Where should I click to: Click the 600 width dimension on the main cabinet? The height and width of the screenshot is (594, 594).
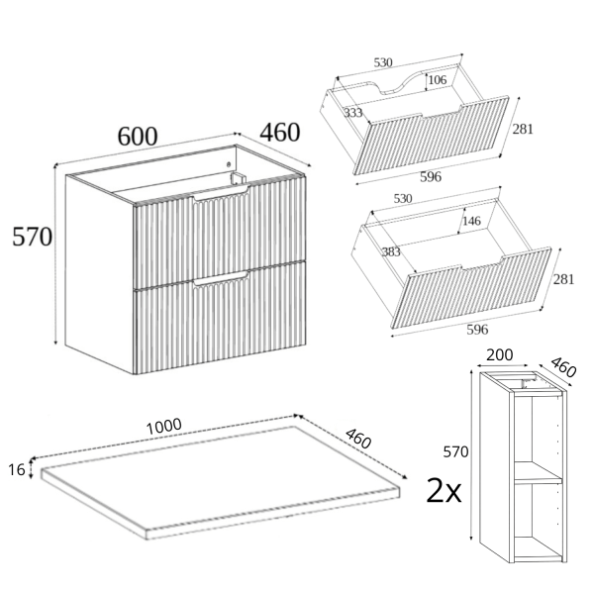pos(138,137)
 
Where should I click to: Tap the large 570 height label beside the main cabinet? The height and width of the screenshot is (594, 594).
pos(33,237)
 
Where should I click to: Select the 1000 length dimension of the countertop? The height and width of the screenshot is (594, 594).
pos(164,427)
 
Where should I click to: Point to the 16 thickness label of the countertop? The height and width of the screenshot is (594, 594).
pos(17,470)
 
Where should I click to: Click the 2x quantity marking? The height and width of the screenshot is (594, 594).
pos(444,490)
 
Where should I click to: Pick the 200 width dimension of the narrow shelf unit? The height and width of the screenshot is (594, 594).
pos(500,355)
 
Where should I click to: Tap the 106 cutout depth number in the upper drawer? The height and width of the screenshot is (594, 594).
pos(438,80)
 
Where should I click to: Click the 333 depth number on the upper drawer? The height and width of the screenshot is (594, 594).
pos(353,113)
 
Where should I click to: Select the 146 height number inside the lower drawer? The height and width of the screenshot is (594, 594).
pos(471,221)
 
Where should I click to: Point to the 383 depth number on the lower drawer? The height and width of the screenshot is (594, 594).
pos(391,251)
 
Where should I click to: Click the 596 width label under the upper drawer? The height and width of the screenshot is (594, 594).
pos(431,177)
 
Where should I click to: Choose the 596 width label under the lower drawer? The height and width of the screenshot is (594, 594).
pos(477,330)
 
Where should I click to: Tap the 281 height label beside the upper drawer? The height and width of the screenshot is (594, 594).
pos(523,129)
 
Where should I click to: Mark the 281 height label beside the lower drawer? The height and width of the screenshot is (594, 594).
pos(563,279)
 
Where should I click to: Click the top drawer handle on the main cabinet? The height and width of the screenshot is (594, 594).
pos(221,194)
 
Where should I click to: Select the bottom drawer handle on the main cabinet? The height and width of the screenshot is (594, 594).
pos(221,278)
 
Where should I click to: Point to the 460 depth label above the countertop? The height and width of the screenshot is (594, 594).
pos(358,439)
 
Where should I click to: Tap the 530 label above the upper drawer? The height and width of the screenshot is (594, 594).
pos(383,62)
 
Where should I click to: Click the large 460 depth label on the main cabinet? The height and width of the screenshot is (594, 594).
pos(280,133)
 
